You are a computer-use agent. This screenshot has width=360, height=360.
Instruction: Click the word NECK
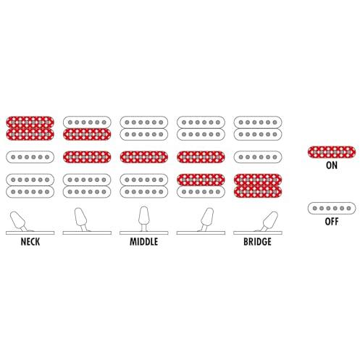(x=30, y=242)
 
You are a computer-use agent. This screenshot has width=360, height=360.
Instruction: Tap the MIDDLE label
(x=144, y=242)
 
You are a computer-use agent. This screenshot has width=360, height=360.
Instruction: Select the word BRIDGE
(x=257, y=242)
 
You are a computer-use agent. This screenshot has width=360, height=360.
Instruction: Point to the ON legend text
(x=332, y=165)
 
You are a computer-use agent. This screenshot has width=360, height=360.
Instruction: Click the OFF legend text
(x=332, y=222)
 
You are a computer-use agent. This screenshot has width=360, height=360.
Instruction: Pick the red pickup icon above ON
(x=332, y=152)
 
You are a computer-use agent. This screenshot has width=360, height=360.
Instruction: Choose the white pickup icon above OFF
(x=332, y=208)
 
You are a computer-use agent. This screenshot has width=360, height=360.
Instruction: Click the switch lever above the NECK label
(x=18, y=221)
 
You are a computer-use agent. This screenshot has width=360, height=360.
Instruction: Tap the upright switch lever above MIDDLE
(x=144, y=219)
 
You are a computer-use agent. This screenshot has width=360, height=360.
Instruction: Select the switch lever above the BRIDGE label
(x=269, y=221)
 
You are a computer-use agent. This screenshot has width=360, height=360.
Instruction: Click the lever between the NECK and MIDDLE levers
(x=81, y=219)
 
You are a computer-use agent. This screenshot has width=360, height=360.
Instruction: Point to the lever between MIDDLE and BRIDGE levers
(x=206, y=219)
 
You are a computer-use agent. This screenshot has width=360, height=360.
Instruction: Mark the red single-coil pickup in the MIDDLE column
(x=144, y=157)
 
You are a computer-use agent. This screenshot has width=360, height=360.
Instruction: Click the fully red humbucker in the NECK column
(x=30, y=128)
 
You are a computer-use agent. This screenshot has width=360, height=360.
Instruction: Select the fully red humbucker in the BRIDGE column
(x=258, y=185)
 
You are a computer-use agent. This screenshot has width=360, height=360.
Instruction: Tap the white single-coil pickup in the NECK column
(x=30, y=157)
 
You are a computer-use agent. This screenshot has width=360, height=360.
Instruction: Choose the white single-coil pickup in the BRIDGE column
(x=258, y=157)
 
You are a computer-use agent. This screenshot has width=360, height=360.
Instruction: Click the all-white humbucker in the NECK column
(x=30, y=185)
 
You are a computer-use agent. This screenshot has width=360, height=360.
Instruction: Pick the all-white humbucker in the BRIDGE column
(x=258, y=128)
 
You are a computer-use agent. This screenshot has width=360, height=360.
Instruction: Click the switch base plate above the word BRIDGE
(x=258, y=233)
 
